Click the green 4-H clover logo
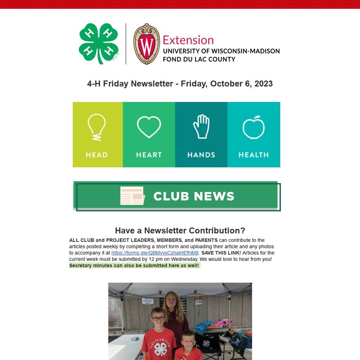click(99, 44)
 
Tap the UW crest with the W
click(147, 44)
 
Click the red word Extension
click(188, 40)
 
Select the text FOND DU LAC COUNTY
click(199, 59)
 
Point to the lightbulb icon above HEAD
click(96, 127)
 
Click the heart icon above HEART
click(149, 127)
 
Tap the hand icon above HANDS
click(201, 127)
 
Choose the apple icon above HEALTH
click(253, 127)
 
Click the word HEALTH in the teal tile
click(253, 155)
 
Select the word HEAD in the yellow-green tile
click(97, 155)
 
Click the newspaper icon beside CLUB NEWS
click(132, 196)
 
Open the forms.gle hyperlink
click(155, 253)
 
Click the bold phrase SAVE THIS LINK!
click(221, 253)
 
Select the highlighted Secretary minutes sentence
click(134, 265)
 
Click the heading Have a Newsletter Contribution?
click(180, 231)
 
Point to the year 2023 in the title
click(263, 84)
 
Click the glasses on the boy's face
click(158, 319)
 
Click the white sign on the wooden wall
click(148, 301)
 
